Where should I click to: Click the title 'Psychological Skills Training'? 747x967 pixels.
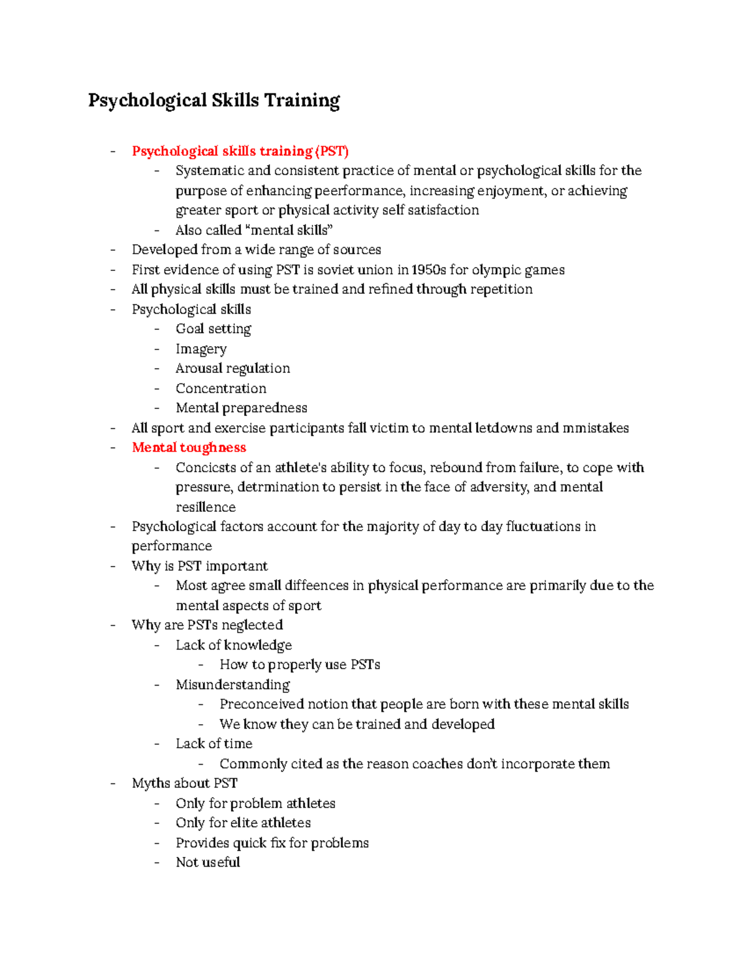(x=214, y=100)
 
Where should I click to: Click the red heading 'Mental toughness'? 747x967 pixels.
(x=189, y=448)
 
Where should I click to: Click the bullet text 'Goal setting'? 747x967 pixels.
(x=213, y=329)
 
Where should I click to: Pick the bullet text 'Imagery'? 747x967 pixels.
(x=200, y=349)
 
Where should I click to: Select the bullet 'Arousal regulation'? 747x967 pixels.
(x=232, y=369)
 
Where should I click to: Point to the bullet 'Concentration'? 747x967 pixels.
(x=220, y=389)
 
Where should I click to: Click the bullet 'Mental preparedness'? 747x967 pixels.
(x=241, y=408)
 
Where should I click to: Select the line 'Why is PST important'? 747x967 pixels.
(x=199, y=566)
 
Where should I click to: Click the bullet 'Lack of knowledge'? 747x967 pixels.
(x=233, y=645)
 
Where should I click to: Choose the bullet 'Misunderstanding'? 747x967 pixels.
(x=232, y=685)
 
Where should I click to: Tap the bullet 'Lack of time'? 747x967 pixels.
(x=214, y=743)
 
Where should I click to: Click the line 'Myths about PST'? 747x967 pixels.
(x=184, y=783)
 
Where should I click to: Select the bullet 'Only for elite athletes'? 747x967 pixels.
(x=243, y=823)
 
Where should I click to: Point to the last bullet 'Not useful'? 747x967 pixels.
(x=207, y=862)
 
